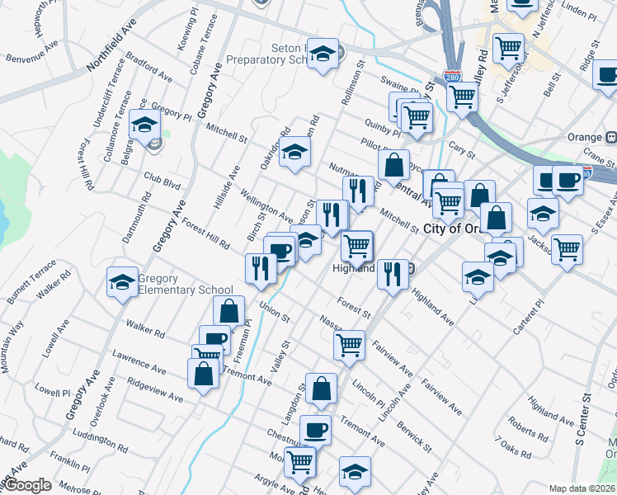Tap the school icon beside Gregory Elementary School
coord(122,282)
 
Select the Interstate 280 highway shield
coord(451,77)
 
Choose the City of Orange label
coord(454,229)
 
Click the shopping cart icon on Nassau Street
coord(349,343)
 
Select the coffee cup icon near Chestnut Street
coord(315,429)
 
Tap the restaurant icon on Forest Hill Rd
coord(260,266)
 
